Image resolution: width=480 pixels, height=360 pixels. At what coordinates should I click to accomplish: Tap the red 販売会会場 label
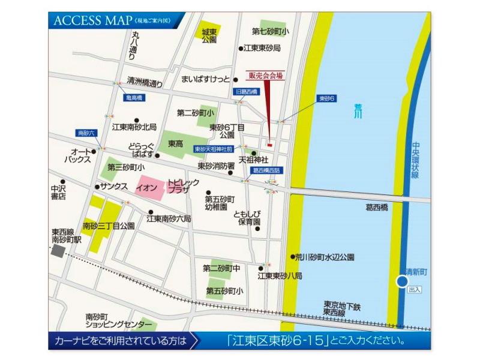pyautogui.click(x=266, y=76)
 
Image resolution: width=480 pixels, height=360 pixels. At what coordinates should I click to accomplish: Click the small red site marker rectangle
pyautogui.click(x=270, y=144)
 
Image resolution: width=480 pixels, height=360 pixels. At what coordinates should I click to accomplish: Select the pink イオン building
pyautogui.click(x=147, y=188)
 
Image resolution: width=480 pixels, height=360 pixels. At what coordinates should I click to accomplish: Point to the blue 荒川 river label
pyautogui.click(x=358, y=110)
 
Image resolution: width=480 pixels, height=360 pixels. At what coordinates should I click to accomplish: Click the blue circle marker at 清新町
pyautogui.click(x=403, y=281)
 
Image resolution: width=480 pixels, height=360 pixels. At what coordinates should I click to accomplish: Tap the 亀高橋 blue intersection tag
pyautogui.click(x=133, y=97)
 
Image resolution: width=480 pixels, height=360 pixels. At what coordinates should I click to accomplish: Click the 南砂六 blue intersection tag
pyautogui.click(x=86, y=133)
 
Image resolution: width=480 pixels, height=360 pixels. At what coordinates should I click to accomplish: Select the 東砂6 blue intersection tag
pyautogui.click(x=327, y=98)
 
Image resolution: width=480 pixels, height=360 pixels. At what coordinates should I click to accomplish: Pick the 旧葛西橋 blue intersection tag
pyautogui.click(x=245, y=92)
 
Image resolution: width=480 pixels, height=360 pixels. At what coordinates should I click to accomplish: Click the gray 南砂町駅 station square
pyautogui.click(x=58, y=251)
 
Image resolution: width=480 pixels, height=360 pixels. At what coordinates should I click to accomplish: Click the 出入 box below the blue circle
pyautogui.click(x=415, y=290)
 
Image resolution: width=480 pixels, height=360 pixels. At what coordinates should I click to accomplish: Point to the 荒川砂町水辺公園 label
pyautogui.click(x=325, y=256)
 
